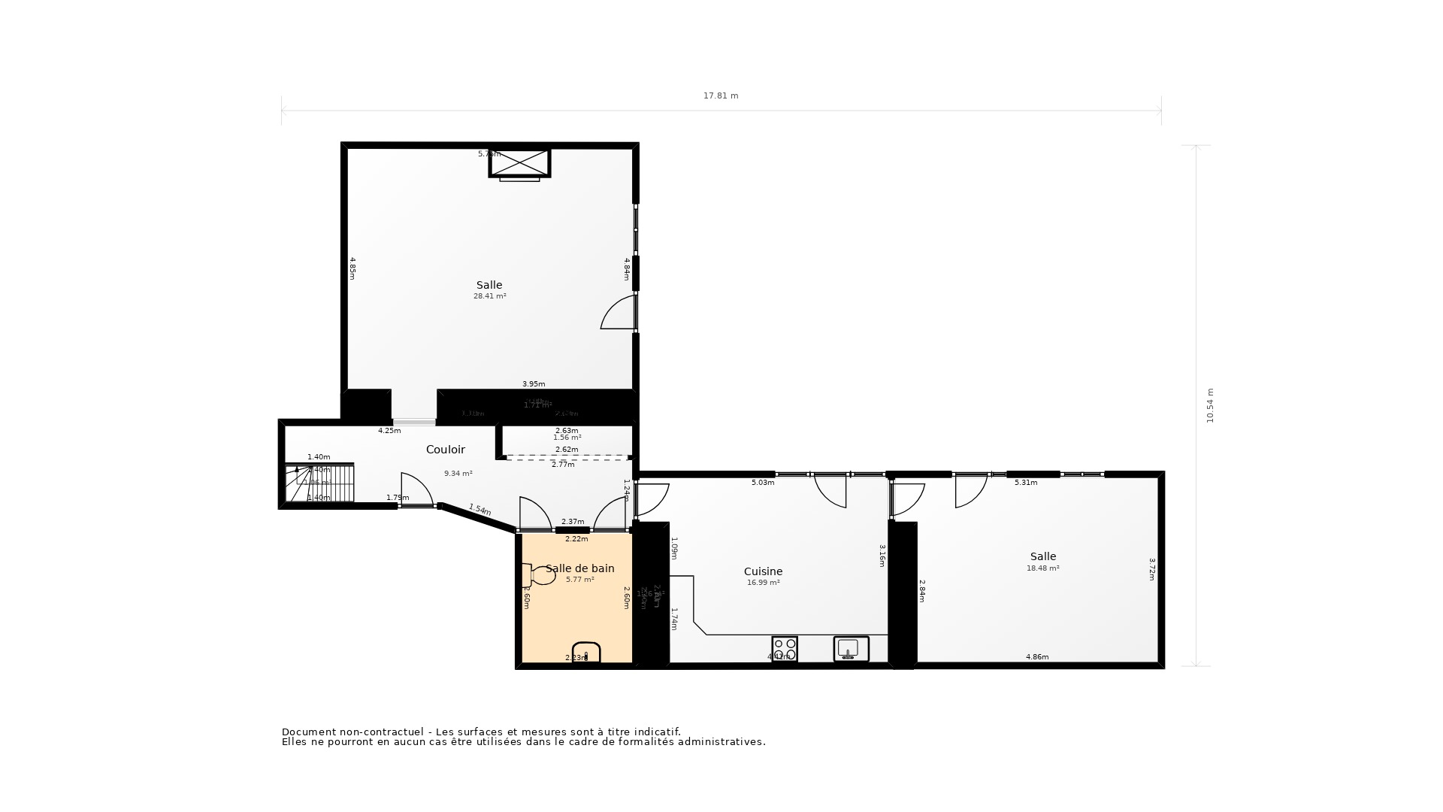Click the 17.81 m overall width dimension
pyautogui.click(x=721, y=96)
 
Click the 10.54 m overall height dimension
pyautogui.click(x=1210, y=406)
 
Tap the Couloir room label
pyautogui.click(x=446, y=450)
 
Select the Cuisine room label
pyautogui.click(x=763, y=571)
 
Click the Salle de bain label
pyautogui.click(x=579, y=568)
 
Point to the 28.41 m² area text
pyautogui.click(x=489, y=296)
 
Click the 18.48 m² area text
pyautogui.click(x=1042, y=568)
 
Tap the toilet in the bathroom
pyautogui.click(x=539, y=575)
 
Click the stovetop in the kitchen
pyautogui.click(x=785, y=648)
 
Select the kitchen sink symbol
pyautogui.click(x=851, y=648)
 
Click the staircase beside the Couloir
pyautogui.click(x=319, y=483)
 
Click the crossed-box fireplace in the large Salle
pyautogui.click(x=520, y=162)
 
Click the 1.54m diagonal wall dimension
pyautogui.click(x=479, y=510)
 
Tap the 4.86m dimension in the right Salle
pyautogui.click(x=1037, y=657)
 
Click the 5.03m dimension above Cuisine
pyautogui.click(x=763, y=483)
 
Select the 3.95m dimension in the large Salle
pyautogui.click(x=534, y=384)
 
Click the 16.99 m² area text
pyautogui.click(x=763, y=583)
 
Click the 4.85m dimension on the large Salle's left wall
pyautogui.click(x=352, y=268)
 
